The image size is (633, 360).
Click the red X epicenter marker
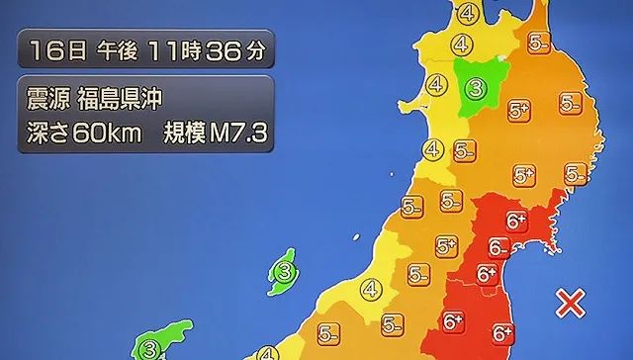569,302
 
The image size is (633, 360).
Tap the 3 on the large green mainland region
476,90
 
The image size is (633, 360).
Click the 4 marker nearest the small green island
371,290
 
